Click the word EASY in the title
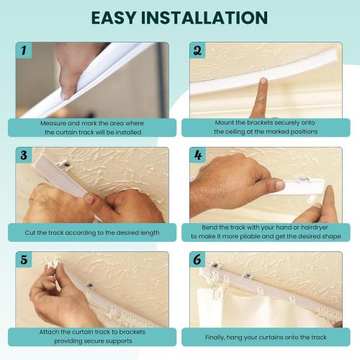117,17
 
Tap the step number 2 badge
197,50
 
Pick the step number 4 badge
197,155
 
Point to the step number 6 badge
197,259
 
